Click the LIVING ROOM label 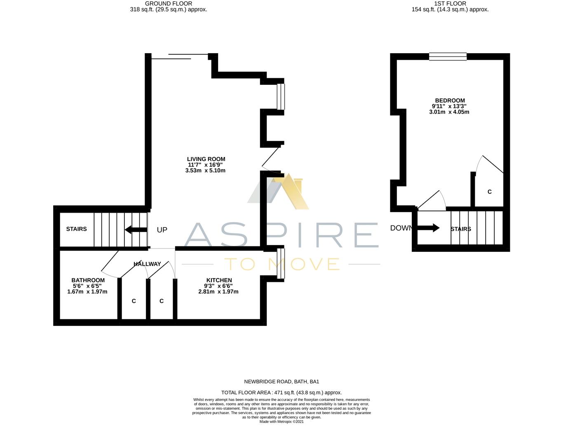(206, 159)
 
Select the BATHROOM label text (88, 280)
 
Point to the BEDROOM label (450, 101)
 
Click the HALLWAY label (147, 264)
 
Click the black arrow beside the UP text (136, 230)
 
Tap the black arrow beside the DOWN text (429, 228)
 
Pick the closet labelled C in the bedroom (489, 192)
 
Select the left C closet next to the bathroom (134, 301)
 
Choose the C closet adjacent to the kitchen (162, 301)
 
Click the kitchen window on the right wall (281, 263)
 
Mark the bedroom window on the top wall (448, 56)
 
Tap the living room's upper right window (281, 97)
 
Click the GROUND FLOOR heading (169, 4)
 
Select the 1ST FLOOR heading (450, 4)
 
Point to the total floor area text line (281, 393)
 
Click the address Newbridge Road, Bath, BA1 (281, 382)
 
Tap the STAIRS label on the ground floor (76, 229)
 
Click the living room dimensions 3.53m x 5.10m (205, 171)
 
